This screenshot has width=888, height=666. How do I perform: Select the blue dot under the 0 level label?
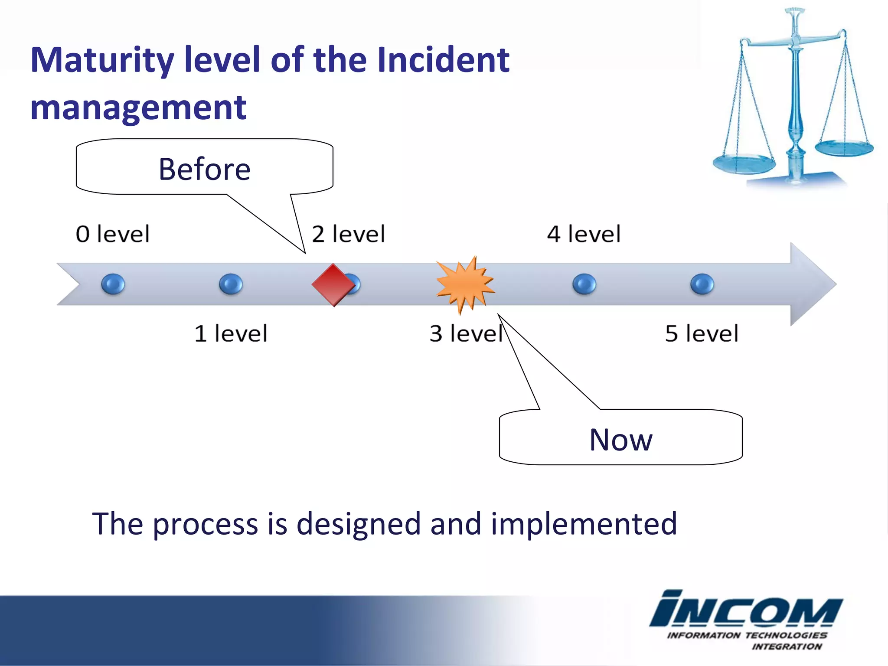click(113, 284)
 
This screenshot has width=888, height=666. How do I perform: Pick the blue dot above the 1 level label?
click(231, 284)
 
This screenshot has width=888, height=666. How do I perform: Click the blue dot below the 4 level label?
click(584, 284)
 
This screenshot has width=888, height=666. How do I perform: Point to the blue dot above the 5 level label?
click(702, 284)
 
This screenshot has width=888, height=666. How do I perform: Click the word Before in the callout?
click(204, 169)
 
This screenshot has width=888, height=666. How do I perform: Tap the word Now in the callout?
click(620, 440)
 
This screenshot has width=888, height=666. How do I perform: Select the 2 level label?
click(348, 234)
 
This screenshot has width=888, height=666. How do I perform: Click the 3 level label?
click(466, 333)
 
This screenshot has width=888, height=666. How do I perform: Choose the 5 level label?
click(702, 333)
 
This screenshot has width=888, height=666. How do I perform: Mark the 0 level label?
click(113, 234)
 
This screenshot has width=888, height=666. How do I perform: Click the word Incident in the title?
click(443, 60)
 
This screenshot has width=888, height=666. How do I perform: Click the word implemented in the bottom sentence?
click(584, 524)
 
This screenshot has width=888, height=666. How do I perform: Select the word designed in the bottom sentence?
click(359, 524)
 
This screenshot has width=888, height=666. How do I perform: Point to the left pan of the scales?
click(744, 165)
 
